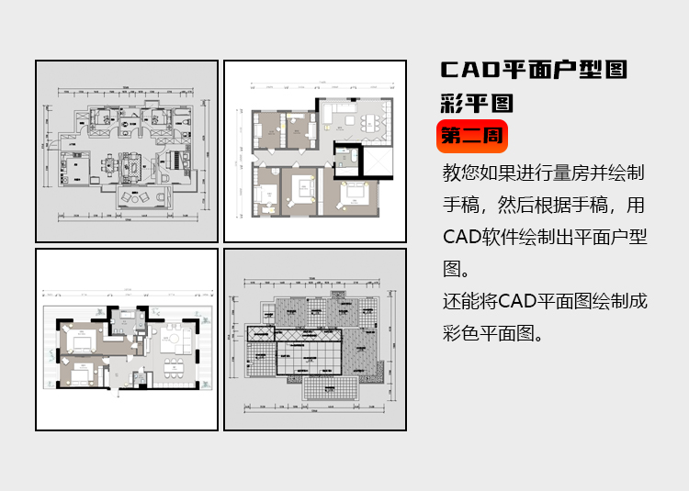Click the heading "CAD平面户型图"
534,70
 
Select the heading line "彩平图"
477,102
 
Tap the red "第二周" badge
471,136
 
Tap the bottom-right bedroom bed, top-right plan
354,193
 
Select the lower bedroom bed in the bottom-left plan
78,374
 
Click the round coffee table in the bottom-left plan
170,341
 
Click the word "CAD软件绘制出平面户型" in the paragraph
545,237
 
